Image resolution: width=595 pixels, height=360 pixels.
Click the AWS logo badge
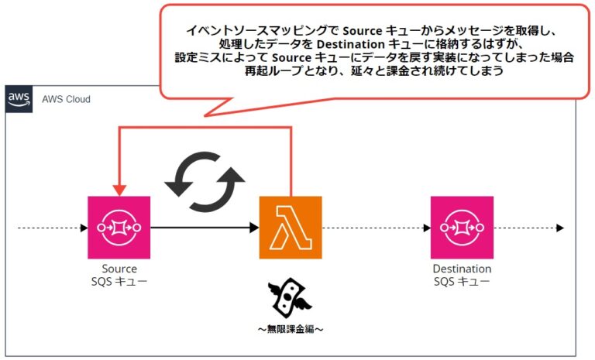[x=19, y=99]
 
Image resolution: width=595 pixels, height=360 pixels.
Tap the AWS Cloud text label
[x=66, y=99]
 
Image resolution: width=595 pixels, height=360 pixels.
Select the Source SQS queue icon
[x=119, y=228]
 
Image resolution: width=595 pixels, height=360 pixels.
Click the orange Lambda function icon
[x=291, y=228]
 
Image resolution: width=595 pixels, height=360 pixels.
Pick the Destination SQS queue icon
[x=463, y=228]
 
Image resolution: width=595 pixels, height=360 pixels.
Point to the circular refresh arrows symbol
[x=205, y=182]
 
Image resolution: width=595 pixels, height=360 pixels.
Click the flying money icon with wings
[x=290, y=298]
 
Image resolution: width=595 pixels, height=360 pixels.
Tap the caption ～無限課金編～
[x=291, y=329]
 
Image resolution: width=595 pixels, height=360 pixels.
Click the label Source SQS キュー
[x=119, y=275]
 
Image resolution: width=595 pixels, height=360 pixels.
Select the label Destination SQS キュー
[x=463, y=275]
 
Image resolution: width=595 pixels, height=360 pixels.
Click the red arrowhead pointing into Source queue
[x=119, y=190]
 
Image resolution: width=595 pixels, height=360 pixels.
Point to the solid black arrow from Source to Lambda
[x=205, y=228]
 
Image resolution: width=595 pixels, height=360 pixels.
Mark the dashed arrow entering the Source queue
[x=53, y=228]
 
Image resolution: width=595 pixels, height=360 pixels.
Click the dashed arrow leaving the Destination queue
[x=529, y=228]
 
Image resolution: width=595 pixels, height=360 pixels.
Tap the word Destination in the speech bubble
[x=351, y=44]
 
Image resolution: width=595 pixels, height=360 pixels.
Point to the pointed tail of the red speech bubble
[x=205, y=115]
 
